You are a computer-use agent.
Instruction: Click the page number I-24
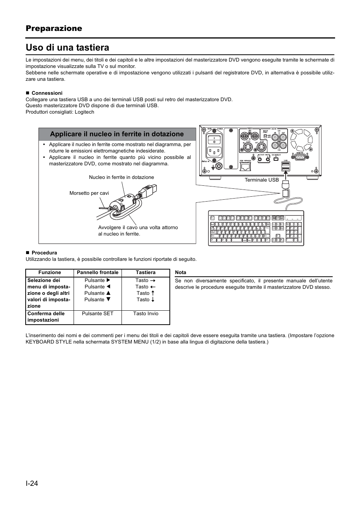pos(32,483)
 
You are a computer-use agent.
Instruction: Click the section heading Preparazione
pos(54,28)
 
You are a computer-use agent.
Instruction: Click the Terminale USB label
pos(262,180)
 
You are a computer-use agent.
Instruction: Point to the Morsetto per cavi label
pos(89,193)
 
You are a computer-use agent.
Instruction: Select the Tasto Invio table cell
pos(146,314)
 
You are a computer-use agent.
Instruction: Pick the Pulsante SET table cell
pos(97,314)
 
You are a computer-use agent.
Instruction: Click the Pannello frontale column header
pos(97,273)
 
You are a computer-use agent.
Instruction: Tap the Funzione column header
pos(49,273)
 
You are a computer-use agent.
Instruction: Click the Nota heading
pos(180,273)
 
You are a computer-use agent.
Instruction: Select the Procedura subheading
pos(44,253)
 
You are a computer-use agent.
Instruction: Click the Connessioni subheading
pos(47,93)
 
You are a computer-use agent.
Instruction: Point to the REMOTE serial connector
pos(300,157)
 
